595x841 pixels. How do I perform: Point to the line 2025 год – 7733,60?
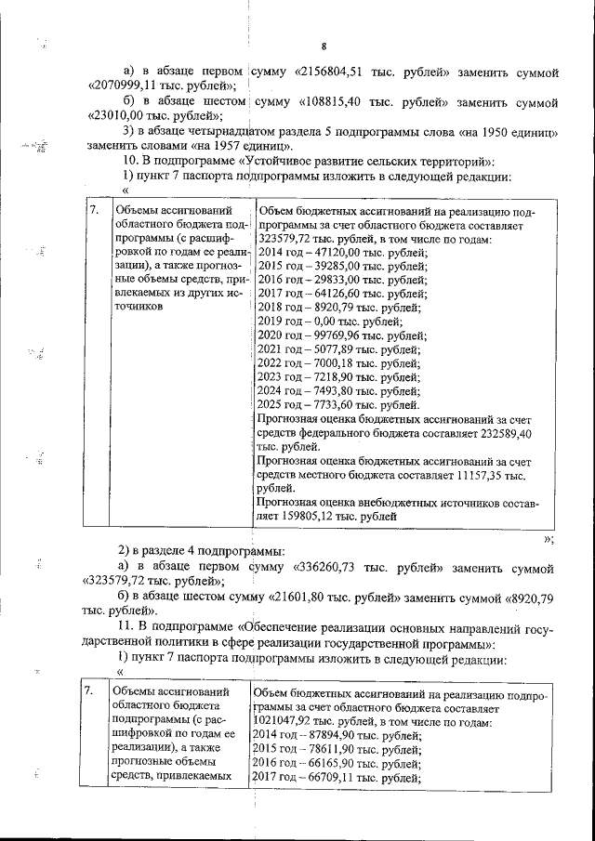click(x=324, y=405)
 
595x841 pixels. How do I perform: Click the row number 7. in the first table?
click(x=93, y=211)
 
